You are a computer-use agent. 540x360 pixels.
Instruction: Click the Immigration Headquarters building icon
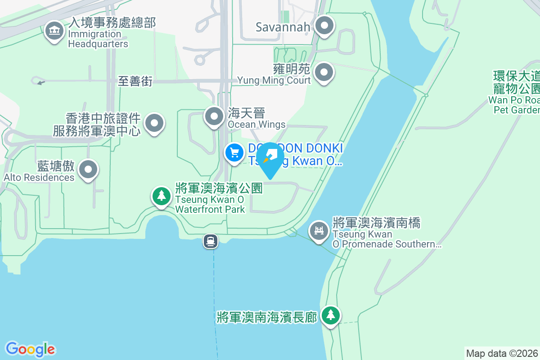pyautogui.click(x=54, y=31)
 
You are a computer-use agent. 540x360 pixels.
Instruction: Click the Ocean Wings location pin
pyautogui.click(x=214, y=117)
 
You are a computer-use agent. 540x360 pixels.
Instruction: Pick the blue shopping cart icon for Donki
pyautogui.click(x=234, y=153)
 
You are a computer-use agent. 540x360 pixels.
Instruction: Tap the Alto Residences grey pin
pyautogui.click(x=88, y=170)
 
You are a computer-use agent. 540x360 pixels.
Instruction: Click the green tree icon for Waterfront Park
pyautogui.click(x=161, y=196)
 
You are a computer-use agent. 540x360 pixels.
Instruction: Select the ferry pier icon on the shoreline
pyautogui.click(x=211, y=241)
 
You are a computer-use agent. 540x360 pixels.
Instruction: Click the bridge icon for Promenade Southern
pyautogui.click(x=319, y=230)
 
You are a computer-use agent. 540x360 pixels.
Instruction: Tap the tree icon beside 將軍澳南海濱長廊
pyautogui.click(x=331, y=315)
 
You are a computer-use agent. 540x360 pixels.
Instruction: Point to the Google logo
pyautogui.click(x=30, y=349)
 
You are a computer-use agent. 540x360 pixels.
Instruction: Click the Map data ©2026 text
pyautogui.click(x=502, y=353)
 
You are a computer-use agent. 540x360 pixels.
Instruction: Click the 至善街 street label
pyautogui.click(x=135, y=81)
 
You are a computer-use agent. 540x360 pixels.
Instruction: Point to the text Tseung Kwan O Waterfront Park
pyautogui.click(x=210, y=204)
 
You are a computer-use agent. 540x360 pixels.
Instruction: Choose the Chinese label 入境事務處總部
pyautogui.click(x=112, y=22)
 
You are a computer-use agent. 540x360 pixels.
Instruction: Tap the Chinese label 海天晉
pyautogui.click(x=247, y=113)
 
